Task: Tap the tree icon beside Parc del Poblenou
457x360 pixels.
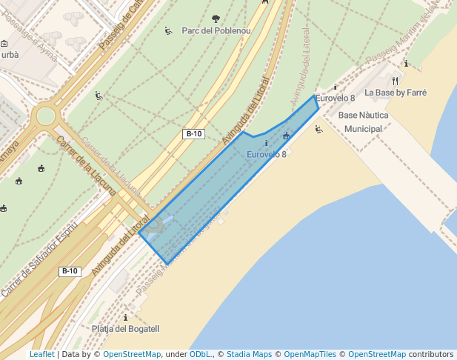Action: click(x=216, y=19)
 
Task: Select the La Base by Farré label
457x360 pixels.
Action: click(x=390, y=93)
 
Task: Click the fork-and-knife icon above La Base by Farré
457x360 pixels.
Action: click(x=396, y=80)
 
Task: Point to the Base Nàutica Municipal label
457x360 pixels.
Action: click(x=363, y=122)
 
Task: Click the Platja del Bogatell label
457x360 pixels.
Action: click(x=126, y=329)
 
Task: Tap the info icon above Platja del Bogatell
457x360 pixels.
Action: click(x=125, y=317)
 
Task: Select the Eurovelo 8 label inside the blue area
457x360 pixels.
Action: click(x=266, y=154)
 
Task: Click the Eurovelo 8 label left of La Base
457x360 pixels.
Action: click(x=335, y=98)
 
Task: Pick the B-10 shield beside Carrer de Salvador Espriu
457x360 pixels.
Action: click(x=70, y=271)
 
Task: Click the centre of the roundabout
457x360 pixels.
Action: click(x=46, y=116)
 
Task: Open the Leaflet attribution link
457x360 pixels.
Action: click(x=41, y=355)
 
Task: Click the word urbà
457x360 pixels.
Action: click(x=10, y=54)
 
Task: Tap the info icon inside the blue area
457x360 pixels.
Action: click(x=266, y=143)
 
